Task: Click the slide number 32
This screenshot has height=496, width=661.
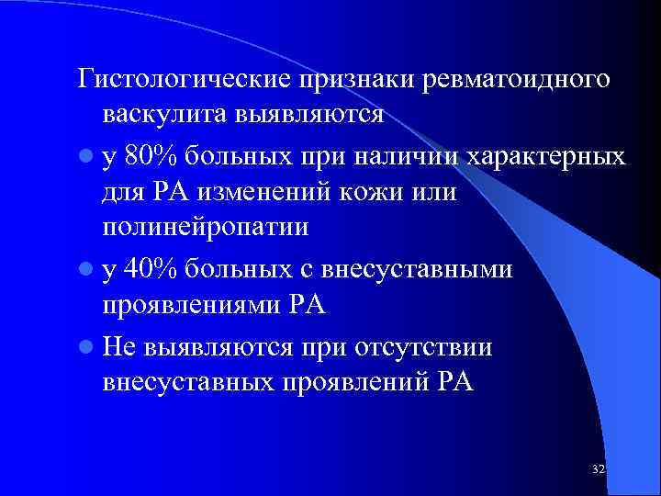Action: (x=598, y=469)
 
